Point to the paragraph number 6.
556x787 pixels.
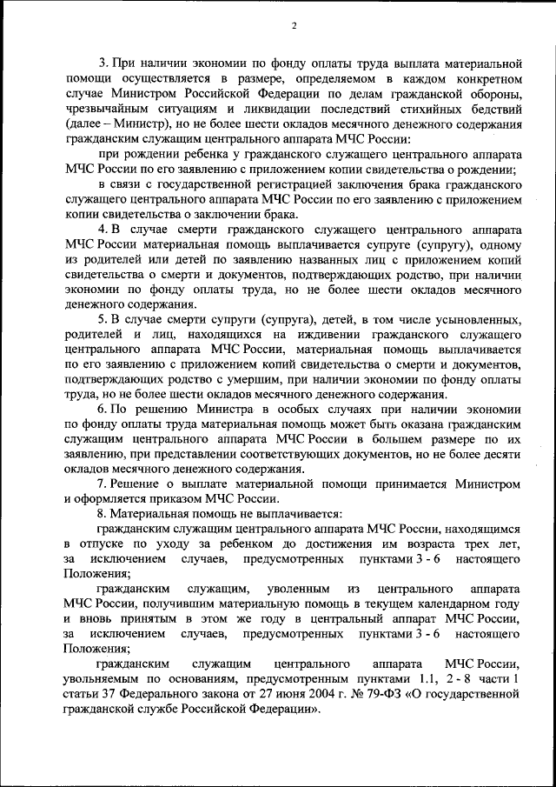tap(102, 409)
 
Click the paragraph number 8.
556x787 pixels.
tap(102, 513)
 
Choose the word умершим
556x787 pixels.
tap(269, 379)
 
